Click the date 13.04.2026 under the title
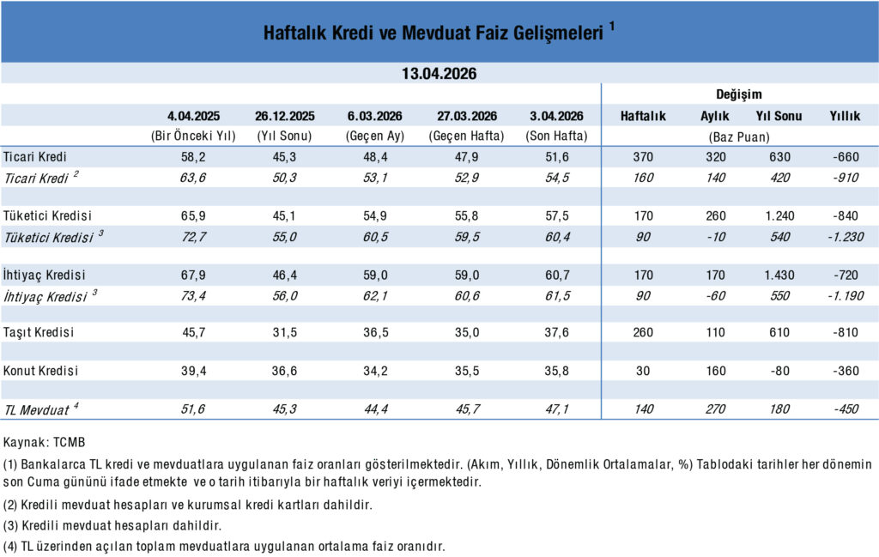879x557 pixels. point(439,74)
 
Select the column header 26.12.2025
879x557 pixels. point(285,116)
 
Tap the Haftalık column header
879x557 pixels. point(643,116)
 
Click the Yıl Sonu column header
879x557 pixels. point(779,116)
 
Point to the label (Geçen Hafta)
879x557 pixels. point(468,136)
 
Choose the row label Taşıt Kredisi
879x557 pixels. point(41,332)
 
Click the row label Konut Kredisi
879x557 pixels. point(41,371)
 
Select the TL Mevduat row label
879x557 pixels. point(38,409)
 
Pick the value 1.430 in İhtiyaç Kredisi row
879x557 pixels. point(779,275)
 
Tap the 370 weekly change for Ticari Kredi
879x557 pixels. point(642,157)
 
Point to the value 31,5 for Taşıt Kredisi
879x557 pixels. point(285,332)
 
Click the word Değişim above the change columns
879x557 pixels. point(738,94)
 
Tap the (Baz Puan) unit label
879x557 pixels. point(738,136)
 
